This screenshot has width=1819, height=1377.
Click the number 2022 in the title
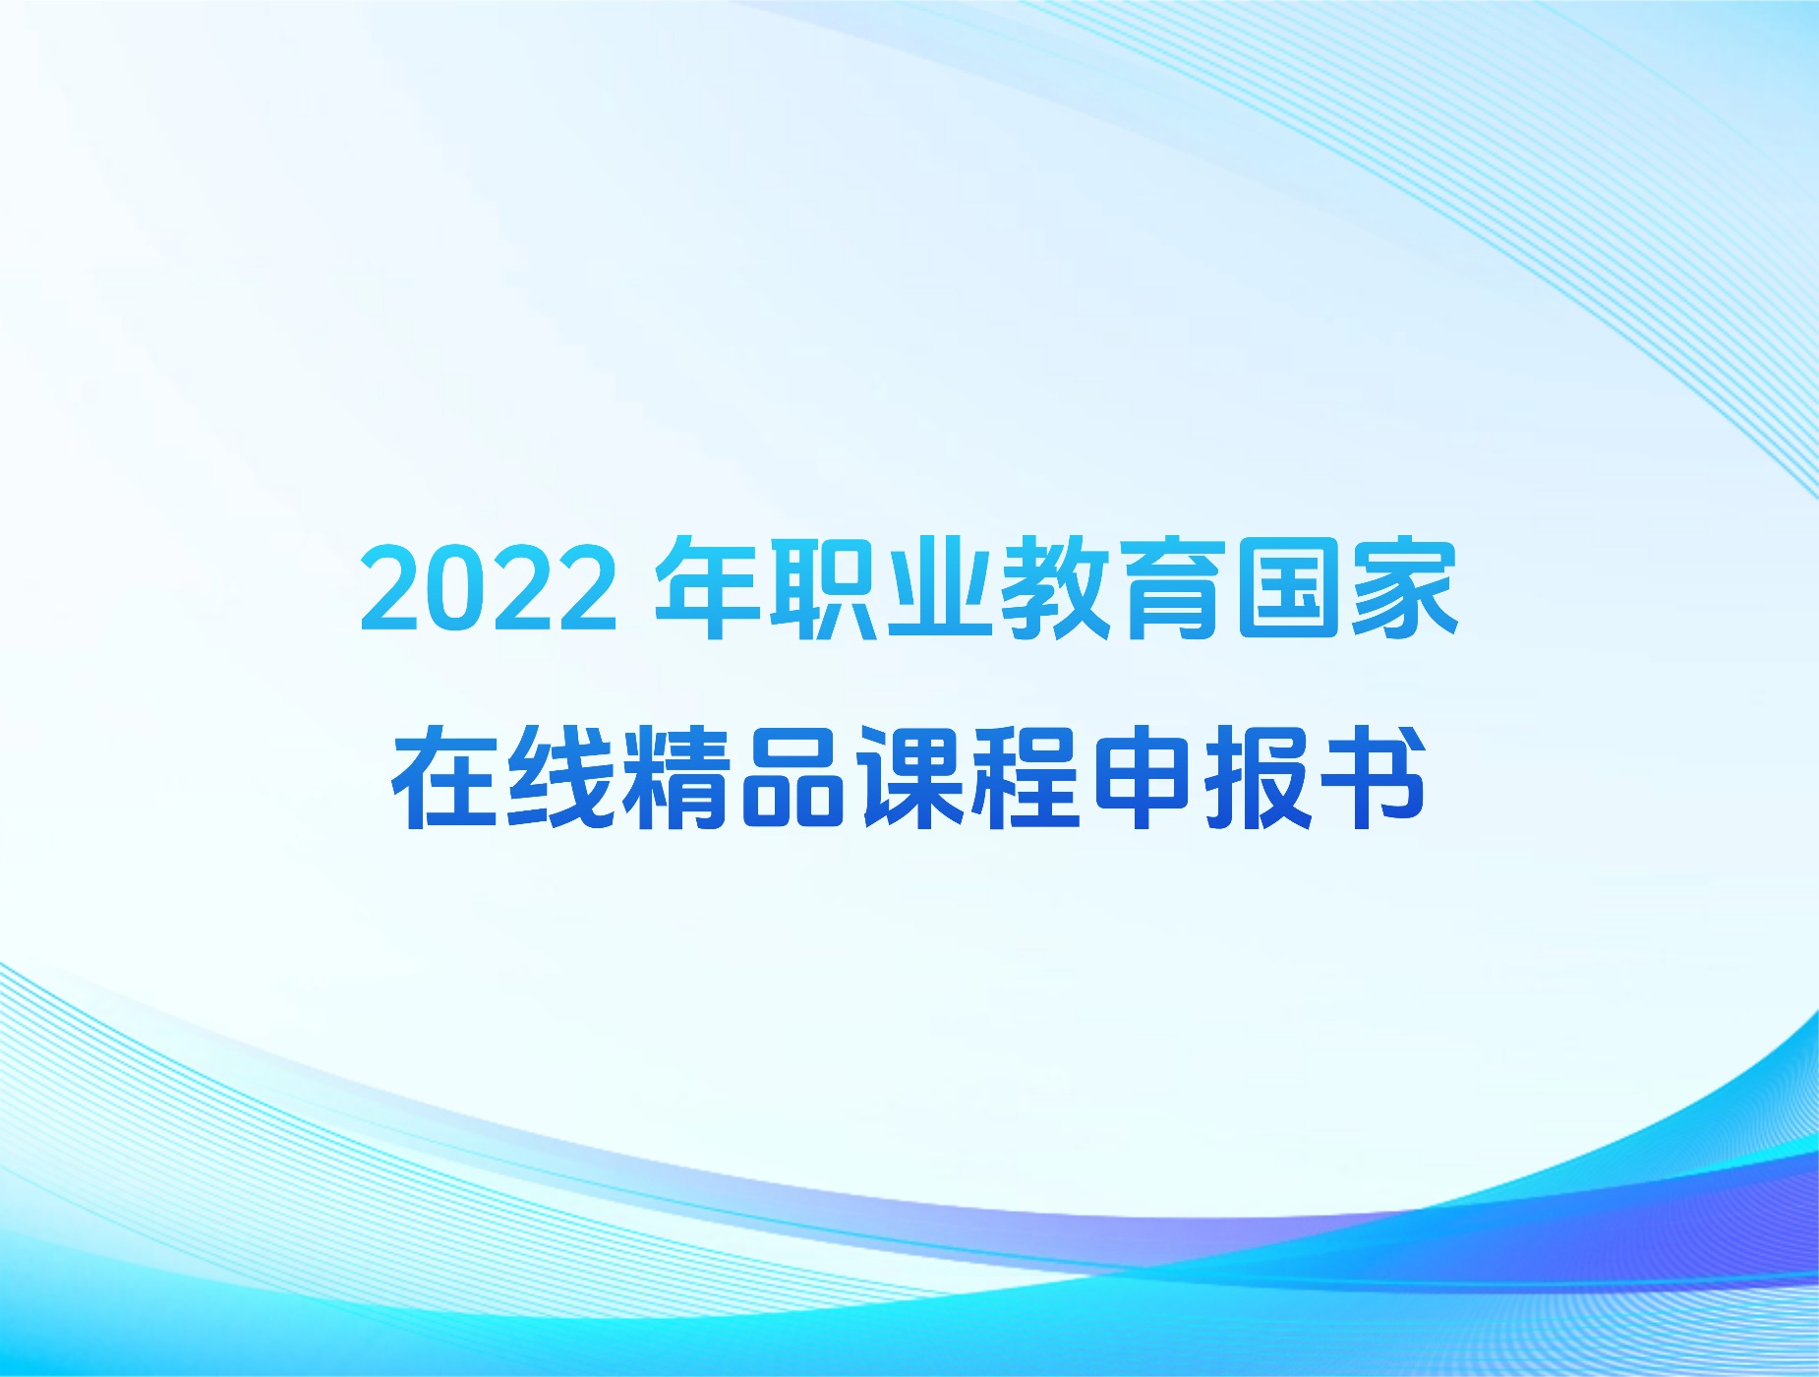tap(489, 588)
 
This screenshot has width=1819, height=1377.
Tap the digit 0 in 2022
tap(456, 588)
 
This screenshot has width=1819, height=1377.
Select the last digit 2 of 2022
tap(587, 588)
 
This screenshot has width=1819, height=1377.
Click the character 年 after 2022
tap(707, 588)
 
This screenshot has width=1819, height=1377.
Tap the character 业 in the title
tap(938, 588)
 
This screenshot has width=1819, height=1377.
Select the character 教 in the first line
tap(1054, 588)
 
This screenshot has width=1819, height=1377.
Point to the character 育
tap(1170, 588)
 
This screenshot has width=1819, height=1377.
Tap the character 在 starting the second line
tap(445, 777)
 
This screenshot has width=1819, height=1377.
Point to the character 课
tap(909, 777)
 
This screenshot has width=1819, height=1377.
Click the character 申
tap(1142, 777)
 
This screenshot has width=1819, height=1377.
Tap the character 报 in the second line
tap(1258, 777)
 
